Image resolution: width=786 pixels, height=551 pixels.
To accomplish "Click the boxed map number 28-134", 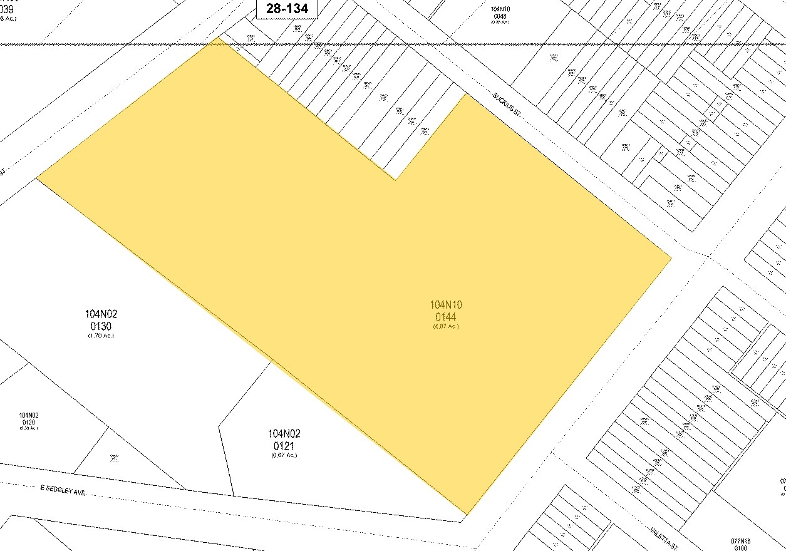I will point(287,9).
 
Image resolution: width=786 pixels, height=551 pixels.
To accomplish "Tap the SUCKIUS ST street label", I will point(507,104).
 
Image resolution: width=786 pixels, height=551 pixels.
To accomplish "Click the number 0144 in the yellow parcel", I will point(445,317).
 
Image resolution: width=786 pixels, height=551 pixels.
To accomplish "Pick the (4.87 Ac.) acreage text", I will point(445,326).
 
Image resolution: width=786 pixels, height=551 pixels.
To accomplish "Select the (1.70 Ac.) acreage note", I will point(101,336).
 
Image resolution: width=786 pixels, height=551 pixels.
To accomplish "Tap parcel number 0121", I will point(284,446).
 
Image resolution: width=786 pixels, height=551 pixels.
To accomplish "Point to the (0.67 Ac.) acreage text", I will point(284,455).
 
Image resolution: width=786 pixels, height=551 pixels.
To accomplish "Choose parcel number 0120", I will point(29,422).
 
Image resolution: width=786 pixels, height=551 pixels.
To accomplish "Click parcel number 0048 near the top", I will point(499,16).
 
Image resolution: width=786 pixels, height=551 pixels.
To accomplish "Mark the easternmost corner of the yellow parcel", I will point(671,258).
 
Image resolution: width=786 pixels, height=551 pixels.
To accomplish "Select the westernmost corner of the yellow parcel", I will point(37,178).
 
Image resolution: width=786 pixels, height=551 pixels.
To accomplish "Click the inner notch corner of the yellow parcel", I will point(395,180).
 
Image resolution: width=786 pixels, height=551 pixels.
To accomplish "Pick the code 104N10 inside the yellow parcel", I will point(445,305).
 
